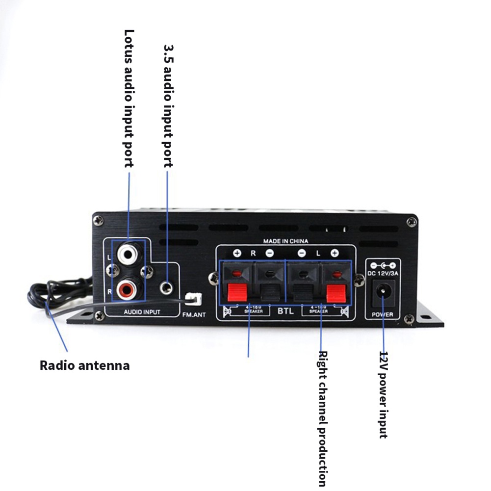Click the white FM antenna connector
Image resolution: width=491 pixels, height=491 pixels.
pyautogui.click(x=192, y=299)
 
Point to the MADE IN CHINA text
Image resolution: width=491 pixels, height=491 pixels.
pyautogui.click(x=285, y=241)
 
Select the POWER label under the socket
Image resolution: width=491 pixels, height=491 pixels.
pyautogui.click(x=383, y=314)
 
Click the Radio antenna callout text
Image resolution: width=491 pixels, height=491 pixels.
pyautogui.click(x=84, y=365)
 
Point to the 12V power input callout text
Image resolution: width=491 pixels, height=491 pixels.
pyautogui.click(x=384, y=394)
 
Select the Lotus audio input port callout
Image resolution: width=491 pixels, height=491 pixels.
pyautogui.click(x=129, y=98)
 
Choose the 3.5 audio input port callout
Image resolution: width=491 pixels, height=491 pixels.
pyautogui.click(x=168, y=106)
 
